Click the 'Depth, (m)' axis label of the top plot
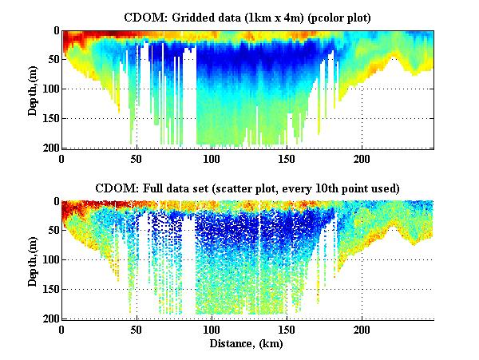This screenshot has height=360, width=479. [33, 89]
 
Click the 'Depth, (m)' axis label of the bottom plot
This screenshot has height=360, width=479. [33, 260]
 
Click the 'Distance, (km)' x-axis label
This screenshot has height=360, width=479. [248, 343]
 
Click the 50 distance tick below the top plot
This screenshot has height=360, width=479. [137, 158]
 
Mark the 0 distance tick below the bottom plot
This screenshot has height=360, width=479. [62, 329]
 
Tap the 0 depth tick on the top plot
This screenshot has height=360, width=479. [54, 30]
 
